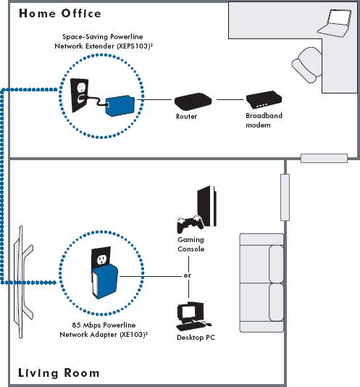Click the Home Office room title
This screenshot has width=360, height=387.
tap(60, 14)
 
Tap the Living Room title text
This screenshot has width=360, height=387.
tap(59, 373)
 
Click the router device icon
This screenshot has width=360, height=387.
tap(193, 101)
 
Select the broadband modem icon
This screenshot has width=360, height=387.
tap(264, 100)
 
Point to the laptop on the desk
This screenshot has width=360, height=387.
tap(335, 23)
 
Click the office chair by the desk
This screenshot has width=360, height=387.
tap(307, 65)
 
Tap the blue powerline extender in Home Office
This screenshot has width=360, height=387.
tap(120, 106)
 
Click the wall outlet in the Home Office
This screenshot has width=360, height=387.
tap(80, 95)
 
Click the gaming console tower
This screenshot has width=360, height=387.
tap(206, 206)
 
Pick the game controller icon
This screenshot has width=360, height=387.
tap(191, 224)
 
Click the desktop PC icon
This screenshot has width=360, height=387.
tap(193, 317)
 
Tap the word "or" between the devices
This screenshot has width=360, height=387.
tap(188, 275)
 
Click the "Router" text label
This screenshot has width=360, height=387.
tap(187, 117)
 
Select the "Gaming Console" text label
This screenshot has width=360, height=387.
tap(191, 244)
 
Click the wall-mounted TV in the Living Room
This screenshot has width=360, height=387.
tap(22, 282)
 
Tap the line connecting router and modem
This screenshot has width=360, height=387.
tap(230, 100)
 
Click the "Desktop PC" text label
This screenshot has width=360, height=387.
tap(196, 338)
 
